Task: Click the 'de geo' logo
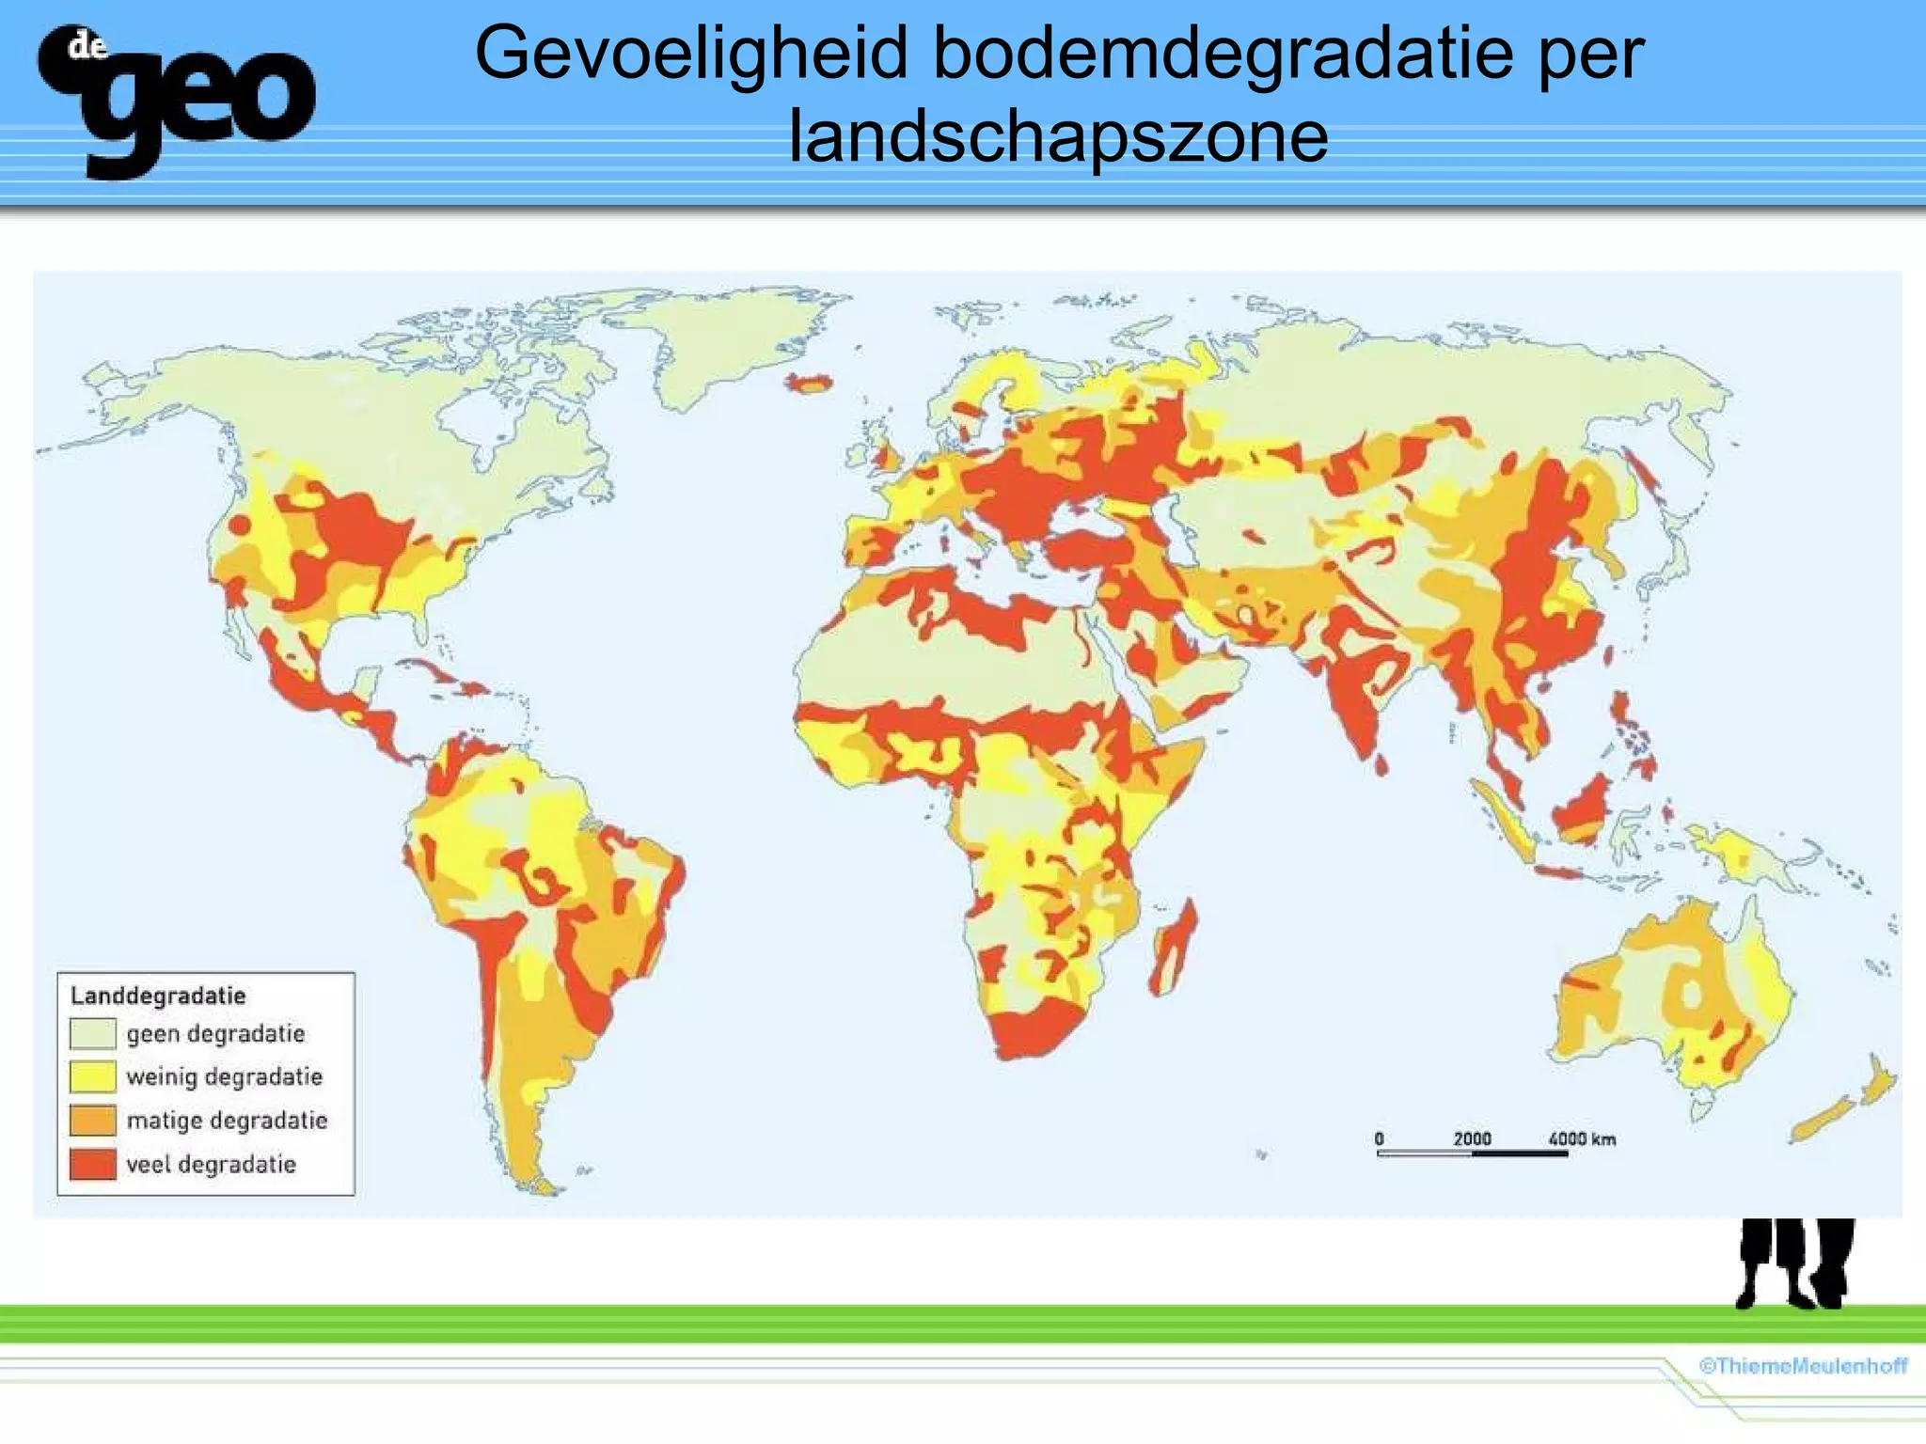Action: (176, 100)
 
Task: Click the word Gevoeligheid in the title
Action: (691, 53)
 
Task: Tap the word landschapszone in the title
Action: (1058, 136)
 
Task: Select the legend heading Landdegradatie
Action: (158, 996)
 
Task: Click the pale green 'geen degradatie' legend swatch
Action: (92, 1034)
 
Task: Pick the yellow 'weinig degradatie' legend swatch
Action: (92, 1077)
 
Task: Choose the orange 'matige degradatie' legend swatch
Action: (92, 1121)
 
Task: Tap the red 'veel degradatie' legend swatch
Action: (92, 1165)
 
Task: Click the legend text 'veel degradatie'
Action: (211, 1165)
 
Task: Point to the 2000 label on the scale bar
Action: (1472, 1138)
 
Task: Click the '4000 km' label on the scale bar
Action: (1582, 1138)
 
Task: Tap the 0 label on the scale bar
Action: (1379, 1138)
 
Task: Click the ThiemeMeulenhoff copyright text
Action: (1803, 1366)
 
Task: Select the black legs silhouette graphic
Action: (1794, 1263)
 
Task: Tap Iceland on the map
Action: (811, 383)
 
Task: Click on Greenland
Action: (724, 338)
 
